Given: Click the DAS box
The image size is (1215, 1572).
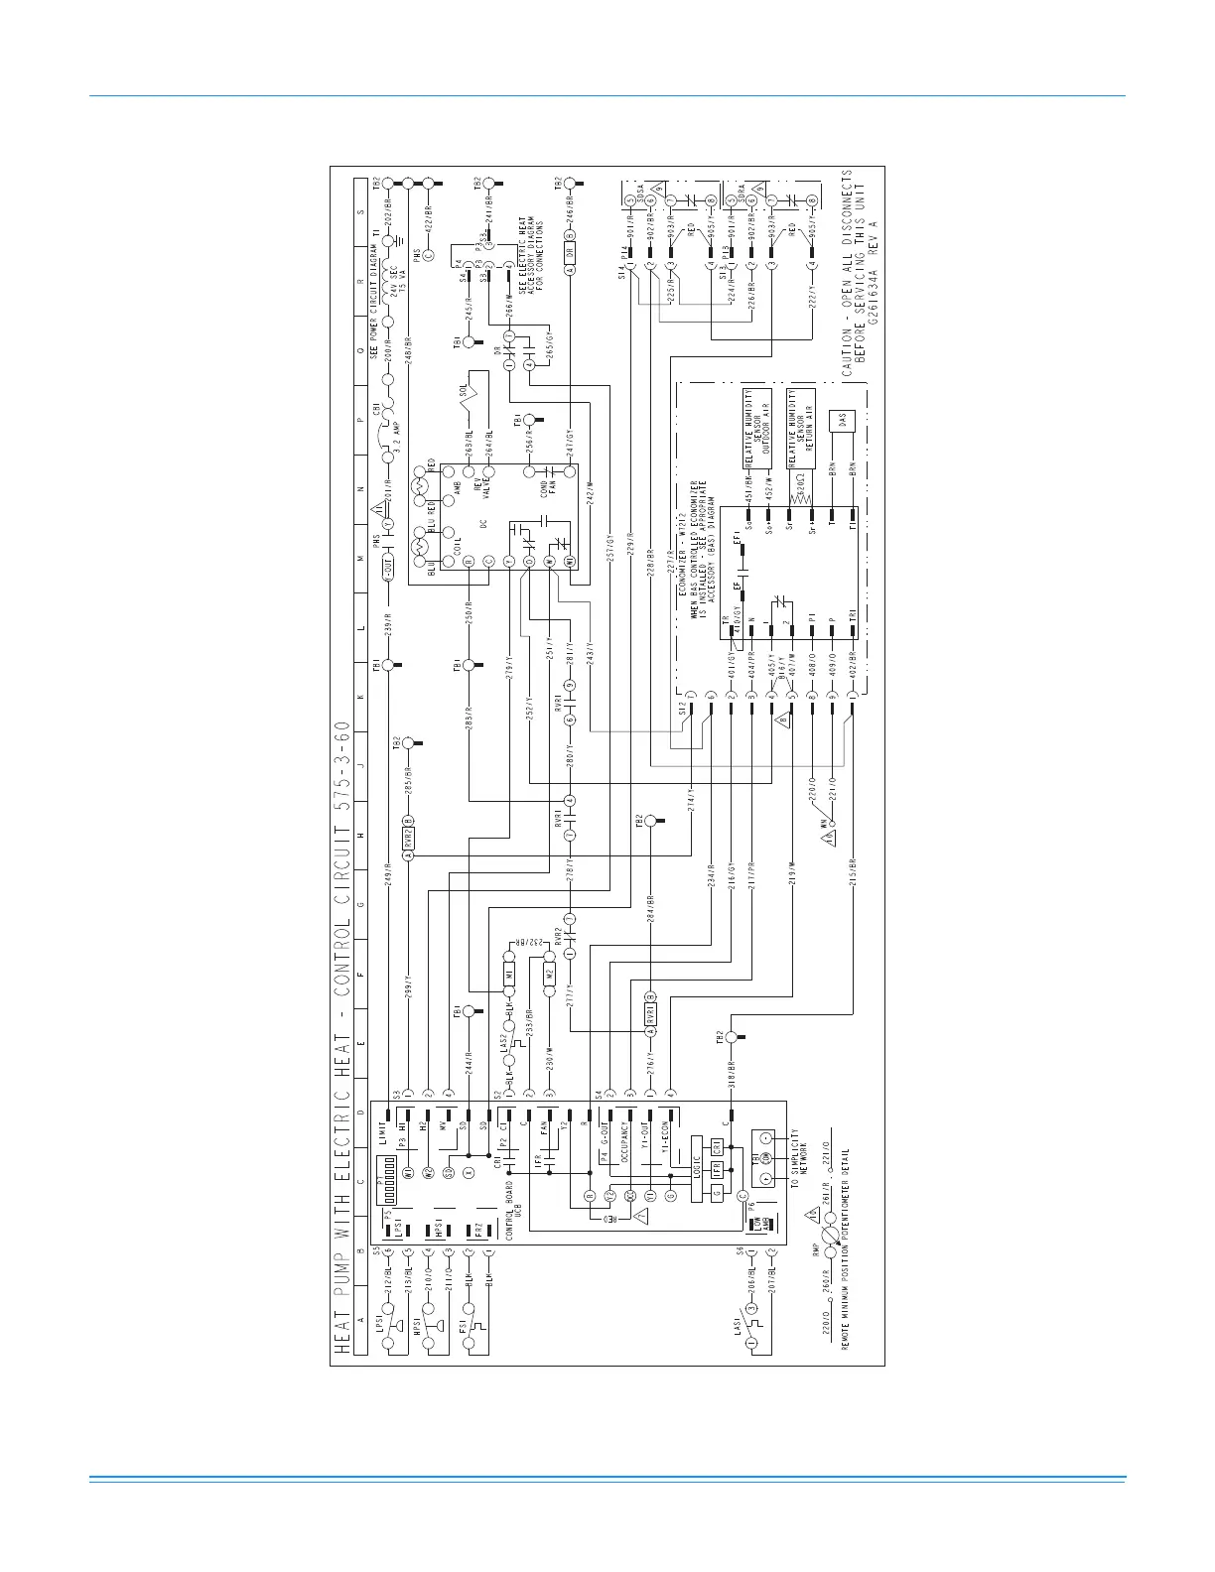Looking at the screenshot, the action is [842, 422].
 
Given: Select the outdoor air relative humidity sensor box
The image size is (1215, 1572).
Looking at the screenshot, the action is [757, 430].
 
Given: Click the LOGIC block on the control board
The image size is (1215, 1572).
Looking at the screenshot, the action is [696, 1165].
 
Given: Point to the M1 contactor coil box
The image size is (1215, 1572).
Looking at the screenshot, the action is [509, 976].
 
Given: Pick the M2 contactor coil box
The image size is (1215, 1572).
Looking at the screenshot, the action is [549, 976].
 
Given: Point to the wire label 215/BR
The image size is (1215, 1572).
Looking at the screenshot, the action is [853, 884].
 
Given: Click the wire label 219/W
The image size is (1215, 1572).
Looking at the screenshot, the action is [792, 884].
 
